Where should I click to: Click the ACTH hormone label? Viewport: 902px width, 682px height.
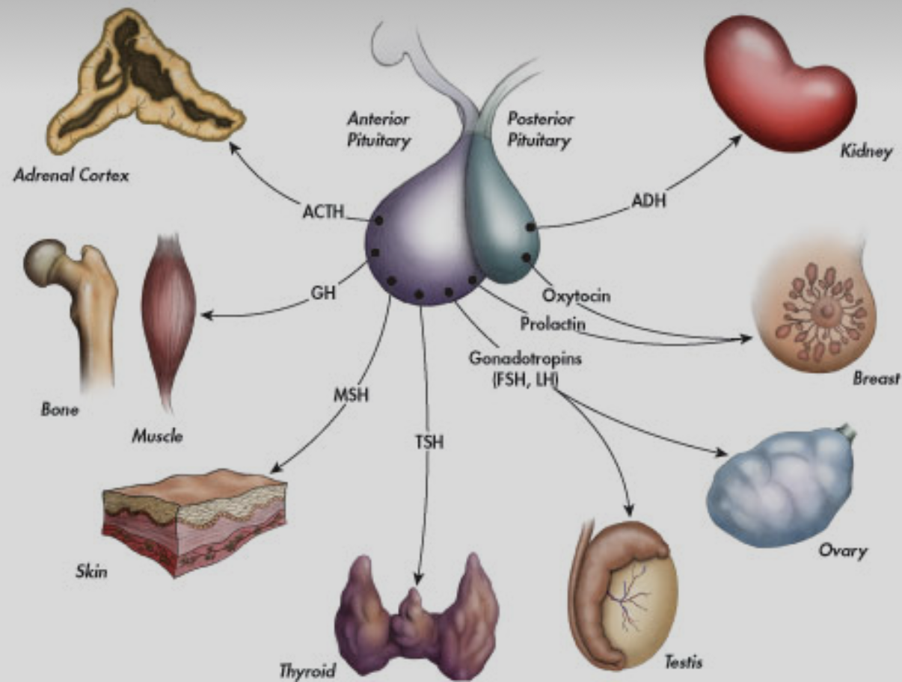click(323, 212)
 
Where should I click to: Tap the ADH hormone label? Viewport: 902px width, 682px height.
click(648, 201)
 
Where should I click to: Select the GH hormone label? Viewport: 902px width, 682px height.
click(323, 293)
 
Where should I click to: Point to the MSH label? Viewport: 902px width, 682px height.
click(352, 396)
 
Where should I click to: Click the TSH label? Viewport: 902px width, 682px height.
click(429, 443)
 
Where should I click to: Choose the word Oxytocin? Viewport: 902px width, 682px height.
click(576, 296)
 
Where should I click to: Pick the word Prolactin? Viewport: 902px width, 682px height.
click(553, 324)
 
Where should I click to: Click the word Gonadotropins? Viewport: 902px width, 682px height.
click(525, 359)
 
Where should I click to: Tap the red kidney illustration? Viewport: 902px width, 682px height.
click(780, 84)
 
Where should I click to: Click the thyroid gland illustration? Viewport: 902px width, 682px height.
click(417, 616)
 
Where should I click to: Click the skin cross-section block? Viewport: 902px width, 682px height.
click(194, 523)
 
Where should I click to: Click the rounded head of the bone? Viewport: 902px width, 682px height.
click(45, 262)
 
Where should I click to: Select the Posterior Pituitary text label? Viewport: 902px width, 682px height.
click(540, 129)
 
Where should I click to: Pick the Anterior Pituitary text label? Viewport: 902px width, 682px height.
click(378, 129)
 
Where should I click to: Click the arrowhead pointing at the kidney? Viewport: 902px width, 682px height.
click(735, 140)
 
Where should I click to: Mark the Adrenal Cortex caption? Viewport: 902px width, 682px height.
click(71, 176)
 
